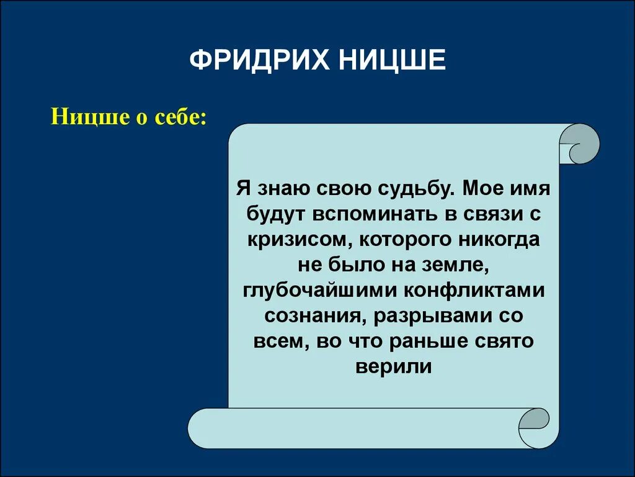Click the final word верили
click(x=393, y=366)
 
